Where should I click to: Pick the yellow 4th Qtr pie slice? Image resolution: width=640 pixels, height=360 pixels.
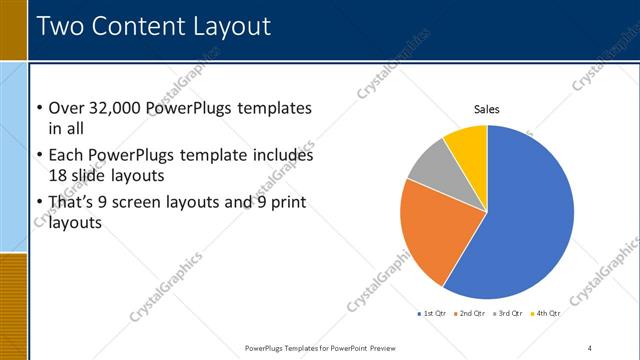click(x=467, y=143)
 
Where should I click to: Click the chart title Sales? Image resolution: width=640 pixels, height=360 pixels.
click(x=486, y=109)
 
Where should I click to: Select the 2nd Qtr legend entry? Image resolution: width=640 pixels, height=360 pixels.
click(x=472, y=314)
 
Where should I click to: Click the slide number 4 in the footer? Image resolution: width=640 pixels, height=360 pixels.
click(x=589, y=348)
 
